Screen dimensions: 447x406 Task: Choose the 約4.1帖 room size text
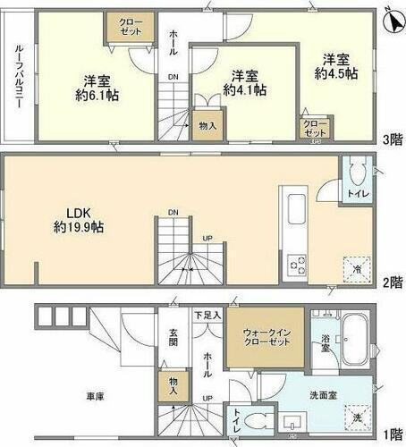245,90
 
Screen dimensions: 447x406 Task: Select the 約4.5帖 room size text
340,72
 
